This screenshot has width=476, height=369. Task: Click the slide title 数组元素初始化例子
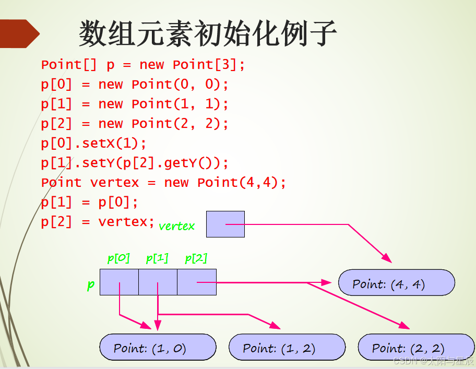[x=208, y=34]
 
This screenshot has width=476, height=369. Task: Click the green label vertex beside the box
[x=176, y=226]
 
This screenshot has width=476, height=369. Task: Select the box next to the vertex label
[x=225, y=224]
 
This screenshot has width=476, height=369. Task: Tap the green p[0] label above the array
[x=118, y=258]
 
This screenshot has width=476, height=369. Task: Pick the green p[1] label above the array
[x=157, y=258]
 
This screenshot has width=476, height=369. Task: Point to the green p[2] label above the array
[x=196, y=258]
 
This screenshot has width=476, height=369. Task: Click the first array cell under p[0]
[x=119, y=282]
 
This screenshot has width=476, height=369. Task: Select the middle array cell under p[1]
[x=158, y=282]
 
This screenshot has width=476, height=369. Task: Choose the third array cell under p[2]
[x=196, y=282]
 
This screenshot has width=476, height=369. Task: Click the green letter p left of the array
[x=91, y=285]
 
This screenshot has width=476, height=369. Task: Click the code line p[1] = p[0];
[x=89, y=202]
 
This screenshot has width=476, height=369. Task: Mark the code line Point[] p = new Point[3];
[x=143, y=65]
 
